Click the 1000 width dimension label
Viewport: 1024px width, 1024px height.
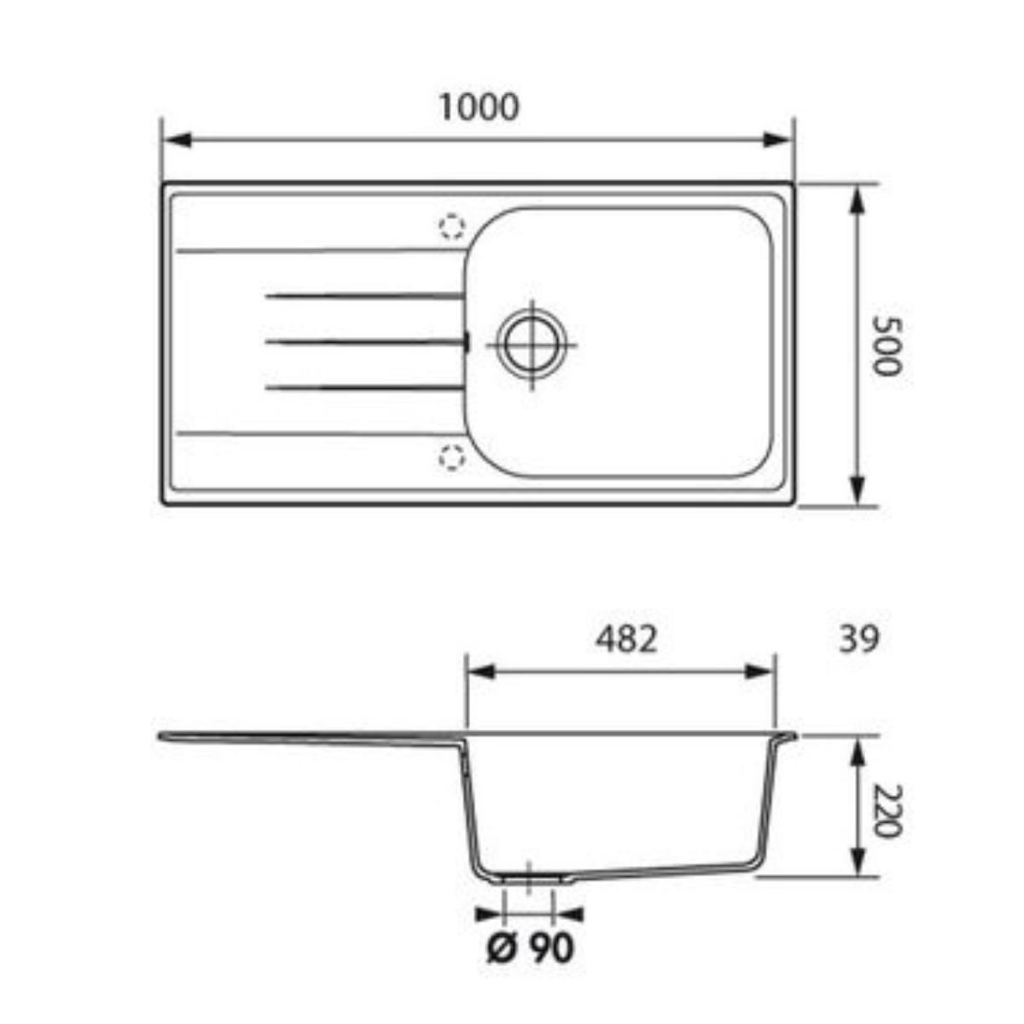tap(478, 108)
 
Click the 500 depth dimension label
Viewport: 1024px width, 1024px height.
tap(888, 346)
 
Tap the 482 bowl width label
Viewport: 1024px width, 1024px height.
tap(626, 639)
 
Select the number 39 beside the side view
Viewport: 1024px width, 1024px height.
tap(859, 639)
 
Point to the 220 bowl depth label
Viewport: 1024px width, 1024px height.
tap(888, 811)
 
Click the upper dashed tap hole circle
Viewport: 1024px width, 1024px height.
tap(451, 227)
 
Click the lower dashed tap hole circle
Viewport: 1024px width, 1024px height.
tap(451, 457)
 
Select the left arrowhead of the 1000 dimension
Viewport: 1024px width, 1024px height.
tap(177, 140)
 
